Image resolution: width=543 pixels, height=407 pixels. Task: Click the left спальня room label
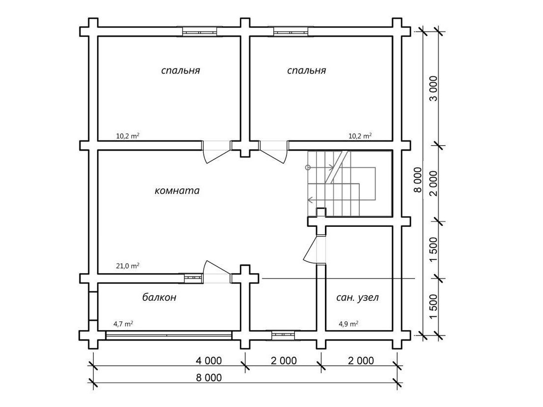tap(180, 70)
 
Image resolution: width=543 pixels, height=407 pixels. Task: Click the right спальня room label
tap(307, 70)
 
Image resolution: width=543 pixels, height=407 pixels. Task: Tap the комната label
tap(177, 190)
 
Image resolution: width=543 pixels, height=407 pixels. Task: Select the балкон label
tap(160, 297)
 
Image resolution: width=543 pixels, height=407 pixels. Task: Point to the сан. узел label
tap(358, 297)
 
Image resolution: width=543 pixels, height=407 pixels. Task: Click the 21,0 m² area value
tap(128, 266)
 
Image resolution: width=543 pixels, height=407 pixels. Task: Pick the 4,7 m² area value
tap(123, 324)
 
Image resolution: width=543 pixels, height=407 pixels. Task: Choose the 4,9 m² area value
tap(349, 324)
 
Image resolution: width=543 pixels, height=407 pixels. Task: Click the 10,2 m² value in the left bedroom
tap(128, 136)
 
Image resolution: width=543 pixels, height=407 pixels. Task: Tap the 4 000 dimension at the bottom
tap(209, 361)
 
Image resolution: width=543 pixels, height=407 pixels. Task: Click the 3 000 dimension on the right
tap(433, 89)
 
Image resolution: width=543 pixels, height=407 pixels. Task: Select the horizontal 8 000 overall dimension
tap(209, 377)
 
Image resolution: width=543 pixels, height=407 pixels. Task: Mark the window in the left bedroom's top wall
tap(199, 32)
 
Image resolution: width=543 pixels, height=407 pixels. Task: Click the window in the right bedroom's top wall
tap(290, 32)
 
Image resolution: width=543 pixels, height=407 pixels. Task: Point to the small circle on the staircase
tap(308, 168)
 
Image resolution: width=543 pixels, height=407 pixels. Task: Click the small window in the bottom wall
tap(283, 335)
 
